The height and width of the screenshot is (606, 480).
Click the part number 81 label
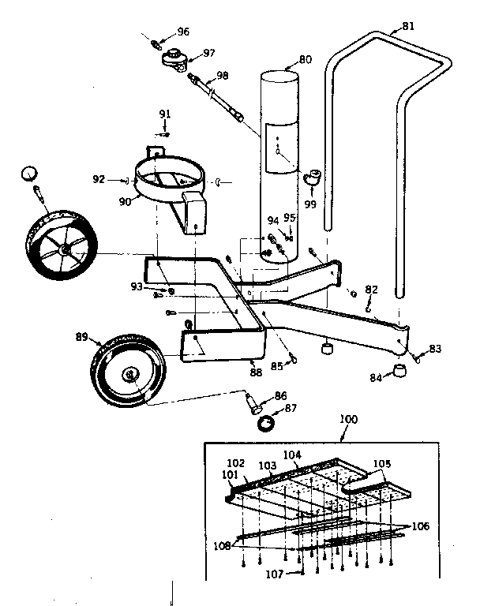407,26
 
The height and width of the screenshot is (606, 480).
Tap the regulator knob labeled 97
173,58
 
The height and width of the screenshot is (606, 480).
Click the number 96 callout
183,32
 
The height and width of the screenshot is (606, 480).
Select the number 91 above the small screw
164,114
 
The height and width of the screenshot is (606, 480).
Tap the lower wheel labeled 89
129,371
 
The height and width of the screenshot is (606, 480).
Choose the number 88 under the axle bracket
256,372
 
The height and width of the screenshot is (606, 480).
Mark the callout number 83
435,348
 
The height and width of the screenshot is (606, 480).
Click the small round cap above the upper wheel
29,173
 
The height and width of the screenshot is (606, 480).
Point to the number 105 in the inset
382,464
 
